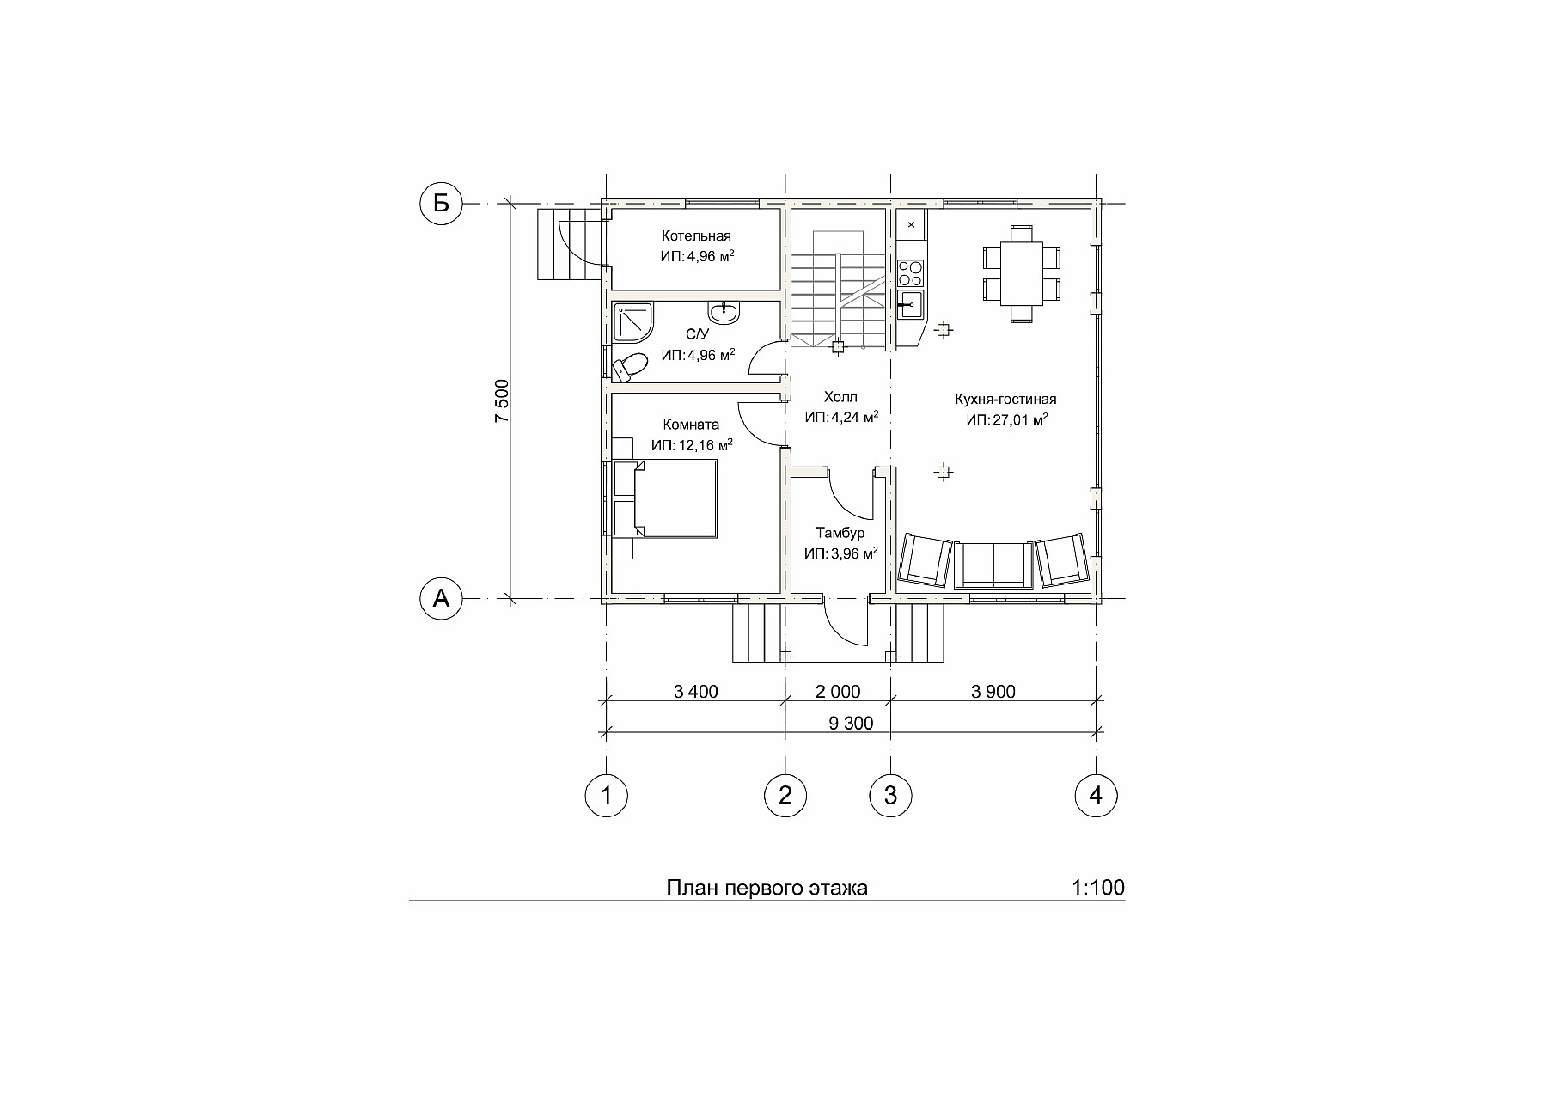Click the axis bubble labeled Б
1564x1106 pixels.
click(441, 204)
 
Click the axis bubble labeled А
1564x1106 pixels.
click(441, 598)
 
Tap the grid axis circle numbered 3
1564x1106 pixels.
click(890, 796)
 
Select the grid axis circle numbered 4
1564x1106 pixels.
click(1096, 796)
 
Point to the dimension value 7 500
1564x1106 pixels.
click(502, 401)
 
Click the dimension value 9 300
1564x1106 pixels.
click(851, 723)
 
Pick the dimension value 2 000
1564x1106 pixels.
click(838, 692)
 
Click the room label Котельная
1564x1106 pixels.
click(696, 235)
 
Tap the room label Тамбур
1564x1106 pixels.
click(840, 533)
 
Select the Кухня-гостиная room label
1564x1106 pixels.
click(1005, 399)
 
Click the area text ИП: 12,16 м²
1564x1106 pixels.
click(692, 445)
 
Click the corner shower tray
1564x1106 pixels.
click(632, 322)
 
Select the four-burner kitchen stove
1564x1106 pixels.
click(910, 273)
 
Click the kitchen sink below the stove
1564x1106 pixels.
click(910, 304)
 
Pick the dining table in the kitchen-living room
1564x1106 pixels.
click(1021, 273)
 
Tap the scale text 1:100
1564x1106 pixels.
click(1098, 888)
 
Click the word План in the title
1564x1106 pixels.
click(693, 888)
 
